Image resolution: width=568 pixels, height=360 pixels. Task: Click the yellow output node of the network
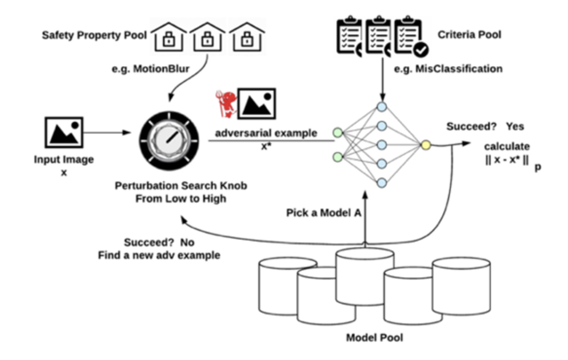426,146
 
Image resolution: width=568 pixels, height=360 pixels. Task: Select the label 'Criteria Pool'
469,35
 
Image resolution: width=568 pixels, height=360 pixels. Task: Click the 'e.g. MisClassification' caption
449,69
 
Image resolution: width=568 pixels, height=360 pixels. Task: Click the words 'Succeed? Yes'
485,126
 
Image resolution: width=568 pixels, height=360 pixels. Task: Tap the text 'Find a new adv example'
159,255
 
